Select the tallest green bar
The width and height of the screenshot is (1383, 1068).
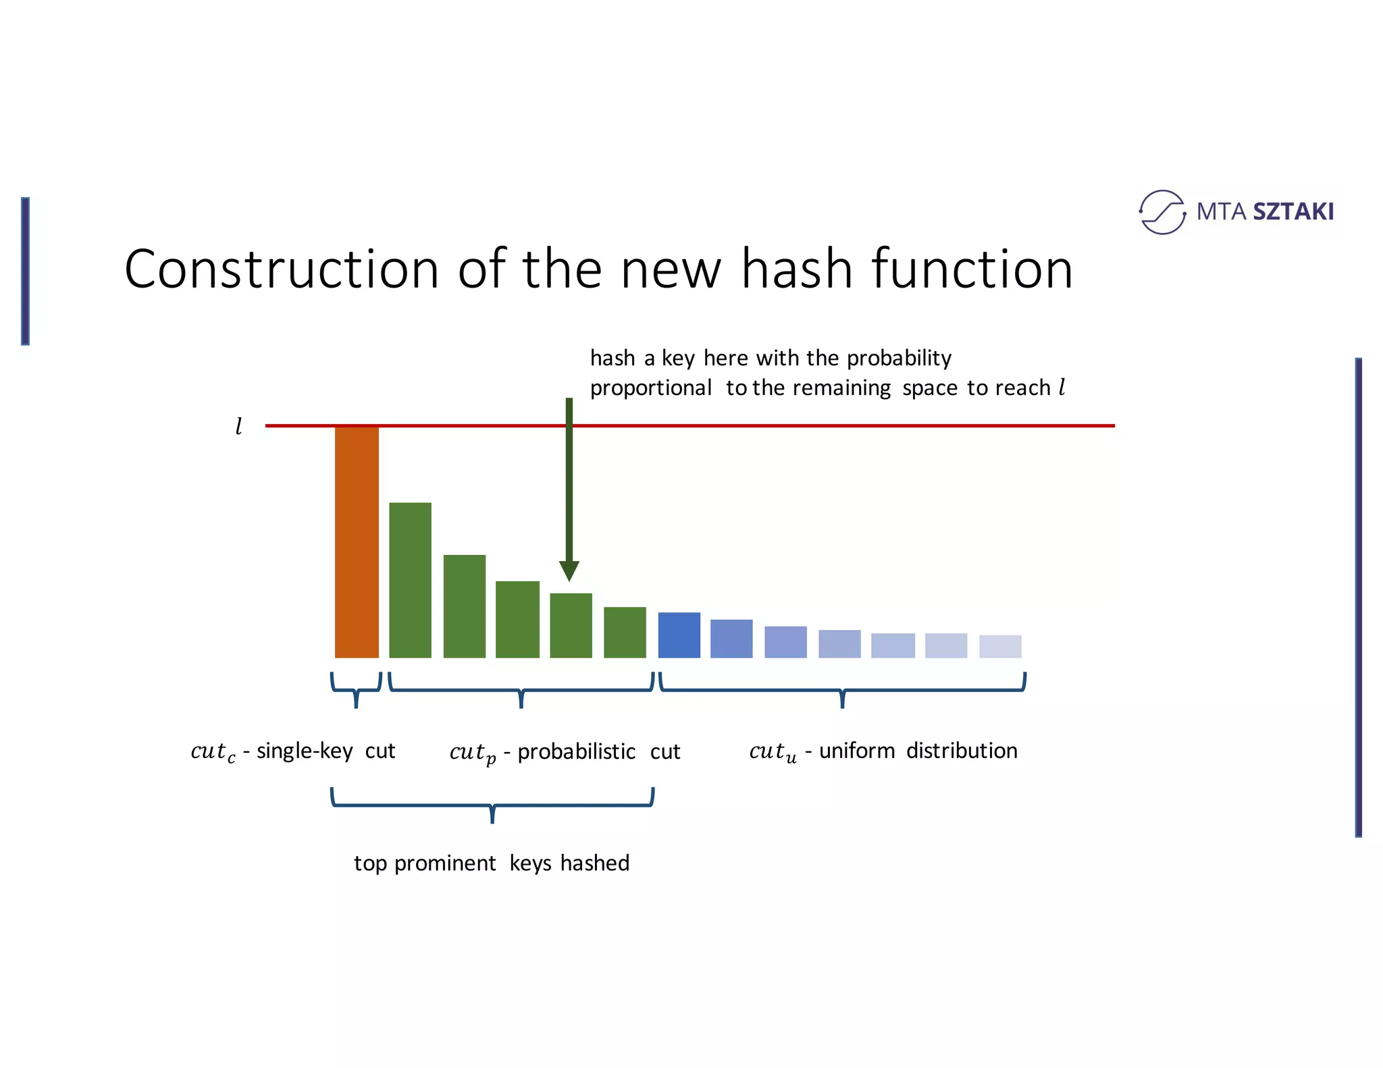click(410, 580)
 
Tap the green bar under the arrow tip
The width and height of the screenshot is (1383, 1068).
click(571, 625)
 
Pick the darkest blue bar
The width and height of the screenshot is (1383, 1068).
click(679, 635)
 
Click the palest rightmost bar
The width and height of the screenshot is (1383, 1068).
click(999, 646)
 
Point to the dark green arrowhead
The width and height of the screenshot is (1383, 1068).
click(569, 570)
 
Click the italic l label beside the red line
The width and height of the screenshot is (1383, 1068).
click(238, 427)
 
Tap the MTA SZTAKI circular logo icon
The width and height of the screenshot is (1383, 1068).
click(1162, 212)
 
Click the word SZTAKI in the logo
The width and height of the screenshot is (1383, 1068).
click(1293, 212)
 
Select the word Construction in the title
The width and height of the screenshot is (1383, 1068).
click(282, 269)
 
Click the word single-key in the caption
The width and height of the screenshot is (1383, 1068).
click(305, 751)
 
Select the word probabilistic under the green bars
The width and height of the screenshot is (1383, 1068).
click(576, 752)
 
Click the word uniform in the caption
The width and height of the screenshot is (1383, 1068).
click(856, 751)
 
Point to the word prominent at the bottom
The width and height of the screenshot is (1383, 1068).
click(445, 863)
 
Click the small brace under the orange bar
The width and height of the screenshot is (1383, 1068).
click(356, 691)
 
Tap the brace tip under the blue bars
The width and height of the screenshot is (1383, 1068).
click(842, 702)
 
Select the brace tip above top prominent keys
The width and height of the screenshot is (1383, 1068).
click(492, 817)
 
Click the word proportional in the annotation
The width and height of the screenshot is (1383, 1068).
click(650, 388)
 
